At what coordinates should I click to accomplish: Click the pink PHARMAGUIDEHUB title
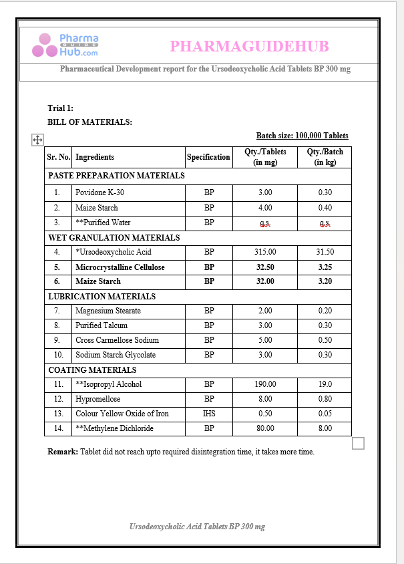[x=249, y=47]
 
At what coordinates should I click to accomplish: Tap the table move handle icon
[x=38, y=140]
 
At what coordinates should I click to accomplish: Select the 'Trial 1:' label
[x=60, y=108]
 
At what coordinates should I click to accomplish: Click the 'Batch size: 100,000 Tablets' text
[x=302, y=136]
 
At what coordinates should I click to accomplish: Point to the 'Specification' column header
[x=208, y=157]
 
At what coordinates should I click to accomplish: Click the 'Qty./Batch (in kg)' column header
[x=325, y=157]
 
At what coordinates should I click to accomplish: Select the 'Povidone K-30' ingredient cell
[x=99, y=192]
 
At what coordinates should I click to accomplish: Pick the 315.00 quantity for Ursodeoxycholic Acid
[x=265, y=252]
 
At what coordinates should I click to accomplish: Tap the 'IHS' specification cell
[x=209, y=414]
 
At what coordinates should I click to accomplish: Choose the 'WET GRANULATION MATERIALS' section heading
[x=114, y=237]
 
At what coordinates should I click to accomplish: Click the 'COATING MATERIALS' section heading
[x=92, y=370]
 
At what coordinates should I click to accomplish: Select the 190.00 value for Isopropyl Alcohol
[x=265, y=384]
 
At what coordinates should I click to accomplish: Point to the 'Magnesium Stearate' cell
[x=108, y=311]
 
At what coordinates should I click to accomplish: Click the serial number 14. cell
[x=58, y=428]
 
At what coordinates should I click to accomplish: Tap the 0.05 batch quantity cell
[x=325, y=414]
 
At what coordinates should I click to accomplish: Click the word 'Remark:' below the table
[x=63, y=452]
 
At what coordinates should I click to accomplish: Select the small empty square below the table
[x=358, y=443]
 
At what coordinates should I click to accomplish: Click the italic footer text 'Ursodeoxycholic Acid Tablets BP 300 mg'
[x=197, y=527]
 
